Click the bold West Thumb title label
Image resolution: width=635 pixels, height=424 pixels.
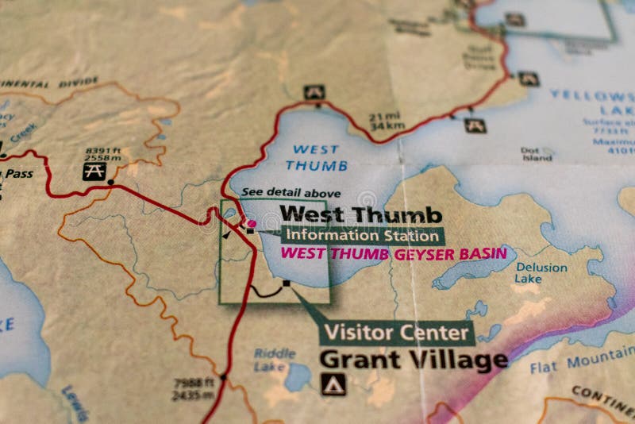click(x=361, y=214)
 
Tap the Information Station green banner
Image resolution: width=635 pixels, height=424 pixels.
click(x=362, y=235)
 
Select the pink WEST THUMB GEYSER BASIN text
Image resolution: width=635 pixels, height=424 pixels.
click(x=394, y=254)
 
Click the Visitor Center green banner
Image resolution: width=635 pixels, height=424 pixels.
click(x=397, y=332)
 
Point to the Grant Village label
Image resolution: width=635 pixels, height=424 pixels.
click(x=414, y=360)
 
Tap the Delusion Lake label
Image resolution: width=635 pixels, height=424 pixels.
click(x=541, y=273)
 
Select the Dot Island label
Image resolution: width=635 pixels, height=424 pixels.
click(x=537, y=153)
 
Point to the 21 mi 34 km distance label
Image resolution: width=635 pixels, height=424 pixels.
click(x=387, y=121)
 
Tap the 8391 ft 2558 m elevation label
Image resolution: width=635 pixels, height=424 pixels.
click(x=102, y=152)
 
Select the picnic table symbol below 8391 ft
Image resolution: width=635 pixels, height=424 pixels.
click(x=94, y=171)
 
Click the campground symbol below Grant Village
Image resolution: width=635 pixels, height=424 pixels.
click(x=333, y=384)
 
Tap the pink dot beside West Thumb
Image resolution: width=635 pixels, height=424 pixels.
click(x=252, y=224)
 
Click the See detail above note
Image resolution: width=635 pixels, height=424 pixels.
click(x=291, y=193)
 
